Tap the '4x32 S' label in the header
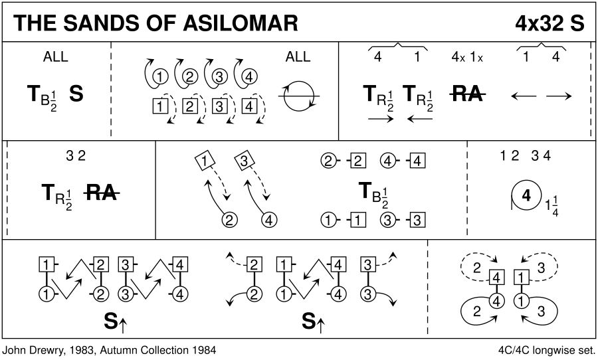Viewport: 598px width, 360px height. point(549,23)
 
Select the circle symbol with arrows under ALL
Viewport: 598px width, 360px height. point(298,96)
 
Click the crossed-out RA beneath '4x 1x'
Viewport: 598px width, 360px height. point(466,95)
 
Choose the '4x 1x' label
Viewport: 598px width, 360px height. point(466,57)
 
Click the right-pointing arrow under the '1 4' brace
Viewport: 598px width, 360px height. point(559,96)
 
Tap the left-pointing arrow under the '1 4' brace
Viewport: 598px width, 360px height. point(524,96)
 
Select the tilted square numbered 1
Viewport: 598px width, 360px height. point(206,160)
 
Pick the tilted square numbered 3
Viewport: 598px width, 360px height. point(244,160)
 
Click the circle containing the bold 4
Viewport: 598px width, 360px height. point(526,196)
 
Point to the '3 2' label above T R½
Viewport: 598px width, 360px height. point(76,157)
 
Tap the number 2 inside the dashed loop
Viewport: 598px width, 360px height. point(476,268)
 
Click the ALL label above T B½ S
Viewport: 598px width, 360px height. point(55,57)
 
